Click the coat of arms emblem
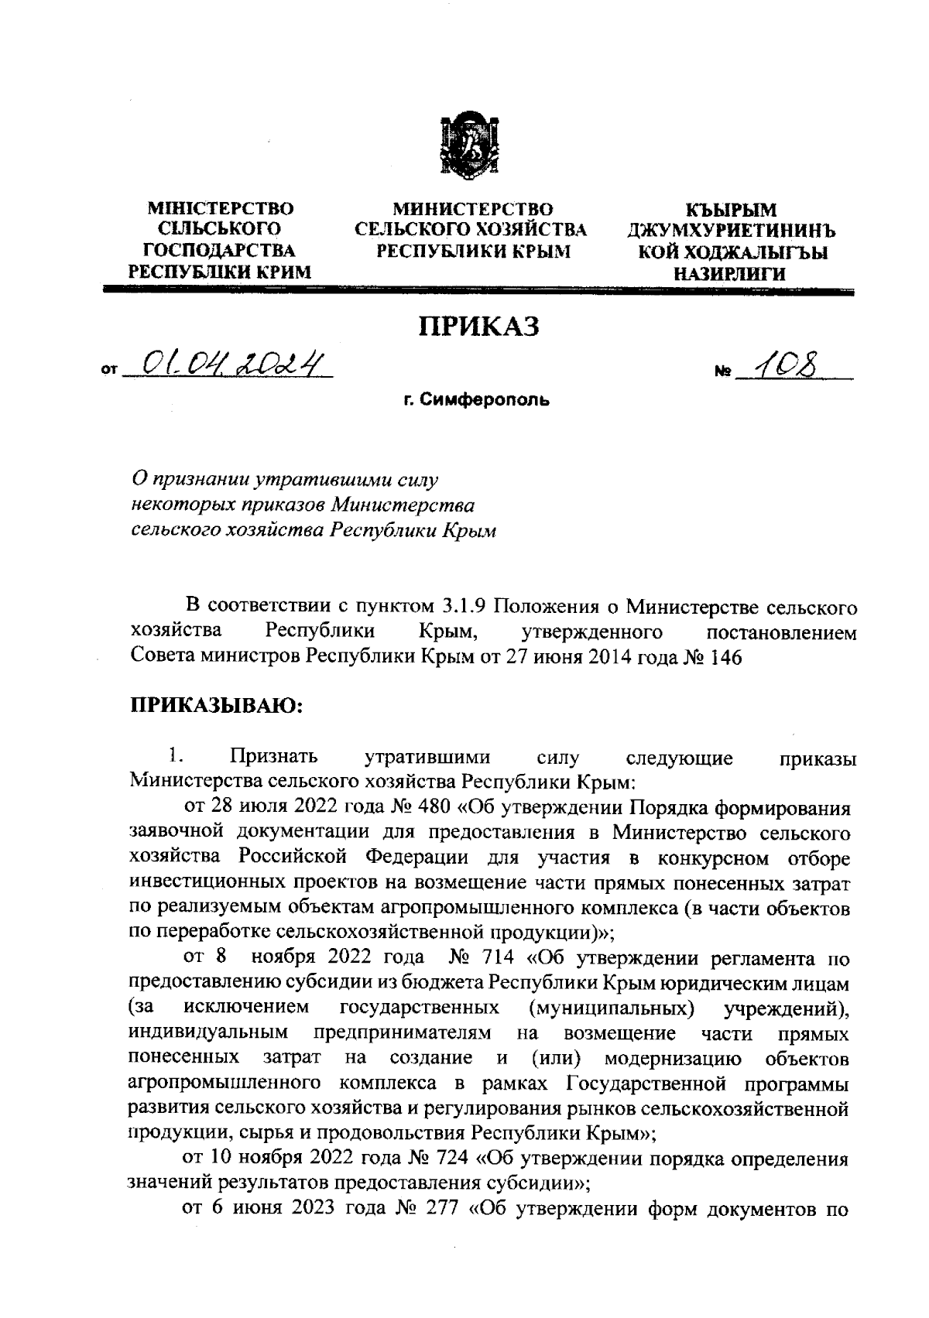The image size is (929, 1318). tap(464, 148)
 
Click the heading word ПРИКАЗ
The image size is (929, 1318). tap(478, 327)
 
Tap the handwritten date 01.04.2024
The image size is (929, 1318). tap(229, 360)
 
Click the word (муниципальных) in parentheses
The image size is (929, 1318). tap(610, 1009)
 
